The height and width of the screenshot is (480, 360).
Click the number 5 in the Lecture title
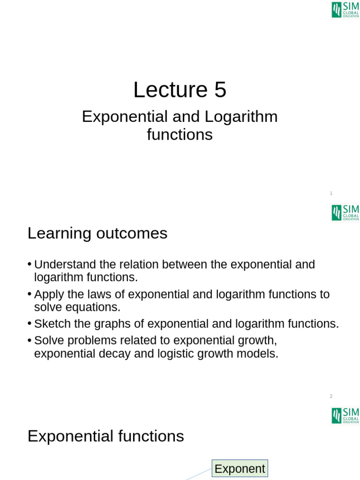[x=220, y=90]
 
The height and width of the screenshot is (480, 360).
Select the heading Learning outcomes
[x=97, y=233]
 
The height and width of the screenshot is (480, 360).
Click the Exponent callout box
[x=240, y=468]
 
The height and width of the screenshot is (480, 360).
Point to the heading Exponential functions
[x=105, y=436]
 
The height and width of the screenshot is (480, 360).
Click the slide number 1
[x=331, y=193]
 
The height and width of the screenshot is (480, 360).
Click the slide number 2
[x=331, y=396]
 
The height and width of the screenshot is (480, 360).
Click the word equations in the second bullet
[x=99, y=307]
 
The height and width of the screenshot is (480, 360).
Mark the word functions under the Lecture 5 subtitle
[x=180, y=135]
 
